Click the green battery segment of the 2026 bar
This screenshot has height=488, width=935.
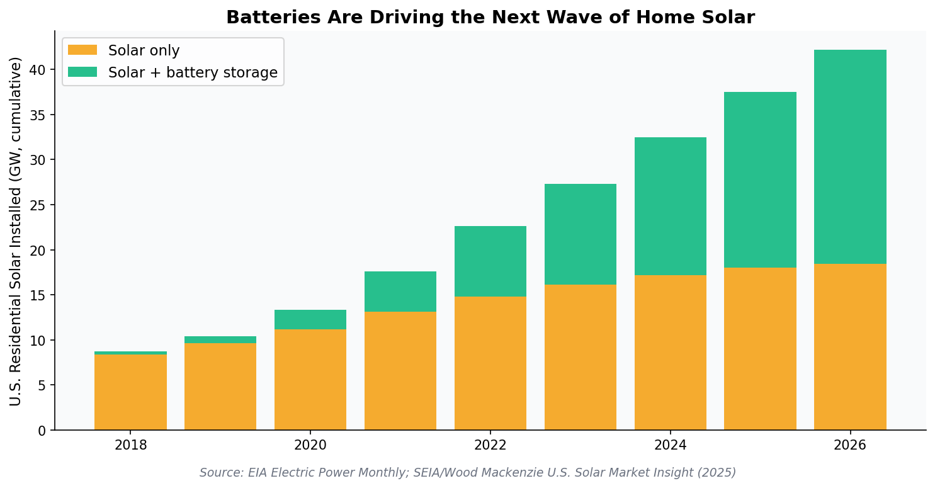850,157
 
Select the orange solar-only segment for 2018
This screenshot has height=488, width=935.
130,392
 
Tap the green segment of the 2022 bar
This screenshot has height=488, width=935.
490,261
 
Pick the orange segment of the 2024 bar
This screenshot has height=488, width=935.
670,353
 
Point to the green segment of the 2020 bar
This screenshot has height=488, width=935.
310,320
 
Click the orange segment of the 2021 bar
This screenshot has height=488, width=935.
400,371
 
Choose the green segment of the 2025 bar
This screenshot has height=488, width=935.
760,180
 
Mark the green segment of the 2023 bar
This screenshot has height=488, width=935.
580,234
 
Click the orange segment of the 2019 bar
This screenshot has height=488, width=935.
220,387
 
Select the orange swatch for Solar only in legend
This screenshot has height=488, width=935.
82,50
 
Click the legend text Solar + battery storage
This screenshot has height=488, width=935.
193,72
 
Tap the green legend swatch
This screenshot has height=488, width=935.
82,72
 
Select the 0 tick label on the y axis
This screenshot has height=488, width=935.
42,431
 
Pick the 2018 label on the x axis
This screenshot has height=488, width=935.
130,445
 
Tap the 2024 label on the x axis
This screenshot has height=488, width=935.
670,445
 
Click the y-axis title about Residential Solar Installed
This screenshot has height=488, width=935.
16,231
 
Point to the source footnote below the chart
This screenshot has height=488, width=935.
467,473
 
